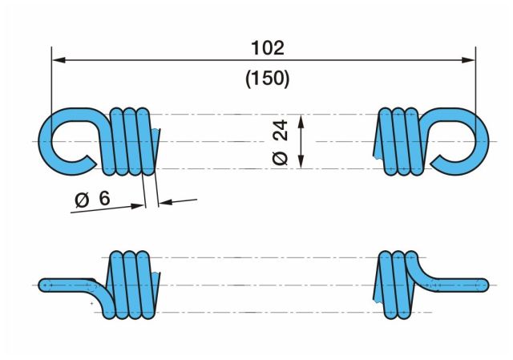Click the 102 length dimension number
[268, 48]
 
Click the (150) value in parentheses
[268, 79]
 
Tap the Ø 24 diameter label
[281, 143]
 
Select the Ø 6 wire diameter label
[93, 199]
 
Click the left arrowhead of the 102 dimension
[59, 60]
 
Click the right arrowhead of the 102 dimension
[468, 60]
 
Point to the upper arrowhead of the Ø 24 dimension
[301, 121]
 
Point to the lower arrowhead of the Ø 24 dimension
[301, 162]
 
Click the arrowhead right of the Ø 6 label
[137, 206]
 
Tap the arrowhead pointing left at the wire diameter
[166, 202]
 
